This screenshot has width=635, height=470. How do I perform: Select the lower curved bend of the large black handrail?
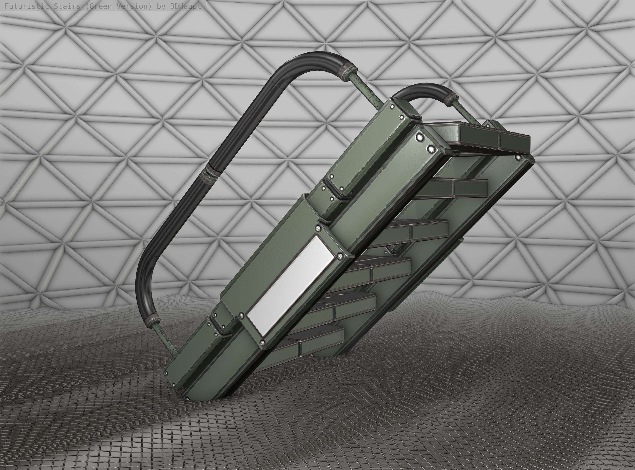tap(144, 287)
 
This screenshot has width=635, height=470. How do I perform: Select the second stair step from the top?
tap(455, 188)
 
